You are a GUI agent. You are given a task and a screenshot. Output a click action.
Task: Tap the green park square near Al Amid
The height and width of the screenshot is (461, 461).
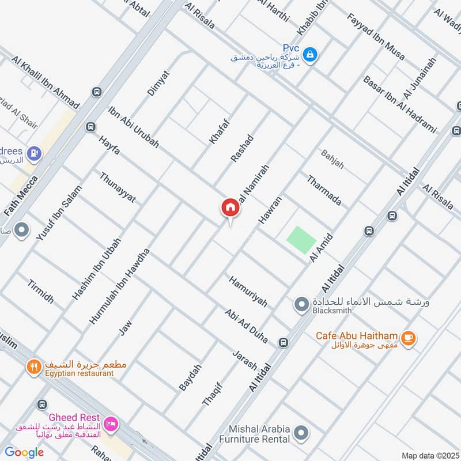pos(302,240)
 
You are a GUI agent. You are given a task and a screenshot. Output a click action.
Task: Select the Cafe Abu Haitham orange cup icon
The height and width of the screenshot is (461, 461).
pos(408,339)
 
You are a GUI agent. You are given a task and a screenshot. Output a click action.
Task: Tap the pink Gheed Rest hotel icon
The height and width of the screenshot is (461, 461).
pos(112,424)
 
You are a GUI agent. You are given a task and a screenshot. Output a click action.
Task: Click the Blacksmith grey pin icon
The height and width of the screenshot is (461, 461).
pos(301,304)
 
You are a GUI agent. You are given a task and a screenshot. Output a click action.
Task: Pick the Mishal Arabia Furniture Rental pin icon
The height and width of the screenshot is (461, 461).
pos(300,432)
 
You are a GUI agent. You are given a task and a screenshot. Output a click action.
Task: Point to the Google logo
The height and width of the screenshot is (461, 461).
pos(25,452)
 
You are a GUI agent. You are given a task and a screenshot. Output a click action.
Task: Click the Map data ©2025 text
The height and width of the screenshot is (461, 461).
pos(429,455)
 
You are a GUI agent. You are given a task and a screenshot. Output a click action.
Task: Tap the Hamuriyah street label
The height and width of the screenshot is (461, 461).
pos(248,291)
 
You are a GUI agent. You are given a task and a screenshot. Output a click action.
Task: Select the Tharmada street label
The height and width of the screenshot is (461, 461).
pos(324,190)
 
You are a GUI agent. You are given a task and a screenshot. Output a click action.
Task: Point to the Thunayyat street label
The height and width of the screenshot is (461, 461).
pos(118,187)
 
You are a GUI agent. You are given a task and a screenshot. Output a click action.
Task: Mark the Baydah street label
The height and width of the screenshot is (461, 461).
pos(190,378)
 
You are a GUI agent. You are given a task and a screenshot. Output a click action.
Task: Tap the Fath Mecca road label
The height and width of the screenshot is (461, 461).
pos(21,196)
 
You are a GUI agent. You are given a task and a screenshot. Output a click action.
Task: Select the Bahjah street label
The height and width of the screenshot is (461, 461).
pos(332,160)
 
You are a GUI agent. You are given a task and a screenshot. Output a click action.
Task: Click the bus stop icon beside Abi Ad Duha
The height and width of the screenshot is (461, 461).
pos(283,343)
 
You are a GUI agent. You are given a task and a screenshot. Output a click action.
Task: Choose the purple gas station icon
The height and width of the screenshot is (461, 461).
pos(34,153)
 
